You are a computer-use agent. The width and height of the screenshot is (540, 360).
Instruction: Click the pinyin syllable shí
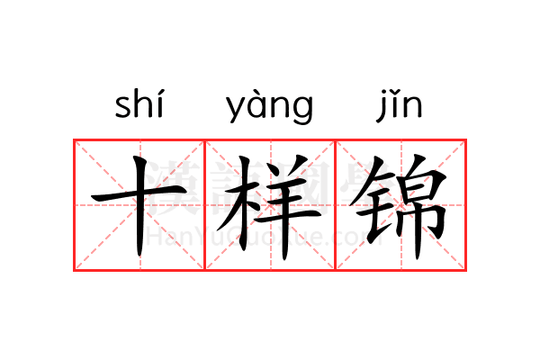click(139, 103)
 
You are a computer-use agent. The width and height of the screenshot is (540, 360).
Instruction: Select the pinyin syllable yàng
click(270, 106)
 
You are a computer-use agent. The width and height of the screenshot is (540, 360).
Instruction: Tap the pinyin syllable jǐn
click(399, 105)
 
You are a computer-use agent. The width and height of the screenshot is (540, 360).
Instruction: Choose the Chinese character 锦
click(399, 207)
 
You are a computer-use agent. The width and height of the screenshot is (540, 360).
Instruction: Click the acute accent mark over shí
click(160, 93)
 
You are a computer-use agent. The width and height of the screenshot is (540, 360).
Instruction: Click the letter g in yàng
click(302, 109)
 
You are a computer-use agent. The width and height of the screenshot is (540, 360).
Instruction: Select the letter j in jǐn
click(382, 108)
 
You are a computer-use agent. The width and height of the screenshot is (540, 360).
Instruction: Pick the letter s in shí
click(122, 107)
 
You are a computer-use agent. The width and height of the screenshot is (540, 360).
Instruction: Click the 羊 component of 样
click(287, 207)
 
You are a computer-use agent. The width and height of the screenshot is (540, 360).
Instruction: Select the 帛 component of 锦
click(418, 207)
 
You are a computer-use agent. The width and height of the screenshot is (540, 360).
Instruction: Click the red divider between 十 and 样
click(205, 205)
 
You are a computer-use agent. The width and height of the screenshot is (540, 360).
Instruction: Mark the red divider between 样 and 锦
click(336, 205)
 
